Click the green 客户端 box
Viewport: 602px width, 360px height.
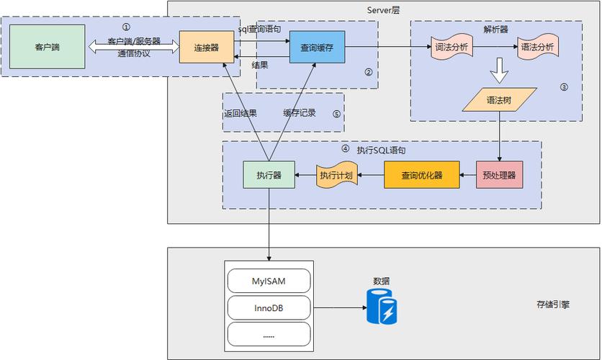coord(47,47)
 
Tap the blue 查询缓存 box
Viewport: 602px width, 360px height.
coord(317,47)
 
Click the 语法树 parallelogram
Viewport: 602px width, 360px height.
coord(500,99)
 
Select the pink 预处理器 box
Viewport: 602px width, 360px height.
coord(500,175)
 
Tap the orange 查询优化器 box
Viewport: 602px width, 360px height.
coord(421,175)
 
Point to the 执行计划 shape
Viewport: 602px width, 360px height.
coord(338,176)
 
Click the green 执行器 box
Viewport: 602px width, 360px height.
coord(269,175)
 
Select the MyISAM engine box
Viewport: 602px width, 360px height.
coord(269,280)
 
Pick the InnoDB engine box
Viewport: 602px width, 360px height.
coord(269,307)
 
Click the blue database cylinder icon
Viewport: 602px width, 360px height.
coord(381,307)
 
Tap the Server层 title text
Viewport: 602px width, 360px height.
coord(383,9)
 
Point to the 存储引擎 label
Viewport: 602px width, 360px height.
coord(553,304)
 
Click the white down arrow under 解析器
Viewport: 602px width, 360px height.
coord(499,73)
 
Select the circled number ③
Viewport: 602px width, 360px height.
coord(564,87)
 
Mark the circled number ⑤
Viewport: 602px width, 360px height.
coord(336,114)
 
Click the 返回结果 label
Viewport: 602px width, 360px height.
coord(241,113)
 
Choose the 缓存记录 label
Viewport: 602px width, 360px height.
coord(300,113)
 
